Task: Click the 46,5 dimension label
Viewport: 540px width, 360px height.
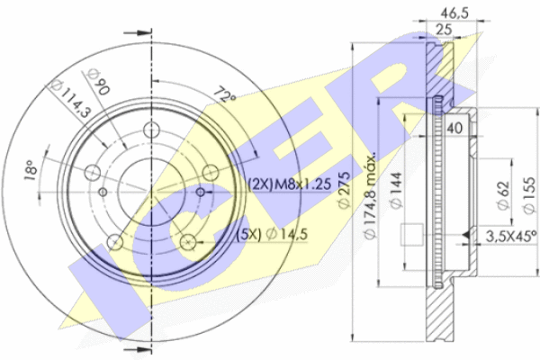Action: [x=454, y=13]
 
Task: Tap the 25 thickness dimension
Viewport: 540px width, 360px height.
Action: [x=444, y=30]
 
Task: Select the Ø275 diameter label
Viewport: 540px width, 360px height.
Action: [x=344, y=190]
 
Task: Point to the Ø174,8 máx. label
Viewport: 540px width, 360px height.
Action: [x=370, y=196]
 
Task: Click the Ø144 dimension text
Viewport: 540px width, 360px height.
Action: [x=397, y=190]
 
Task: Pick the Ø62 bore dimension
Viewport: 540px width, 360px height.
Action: [x=503, y=195]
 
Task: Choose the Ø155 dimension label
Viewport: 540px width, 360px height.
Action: [x=530, y=195]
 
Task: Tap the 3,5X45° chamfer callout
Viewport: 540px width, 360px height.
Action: [x=511, y=236]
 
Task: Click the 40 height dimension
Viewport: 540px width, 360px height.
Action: [x=454, y=128]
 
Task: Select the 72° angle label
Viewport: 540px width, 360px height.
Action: [x=225, y=95]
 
